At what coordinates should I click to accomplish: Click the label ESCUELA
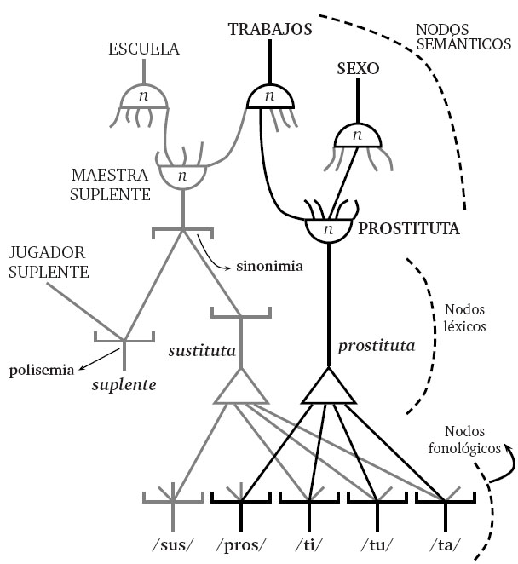(x=144, y=49)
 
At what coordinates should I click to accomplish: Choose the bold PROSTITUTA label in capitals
(x=409, y=229)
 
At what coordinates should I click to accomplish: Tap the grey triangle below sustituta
(x=240, y=388)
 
